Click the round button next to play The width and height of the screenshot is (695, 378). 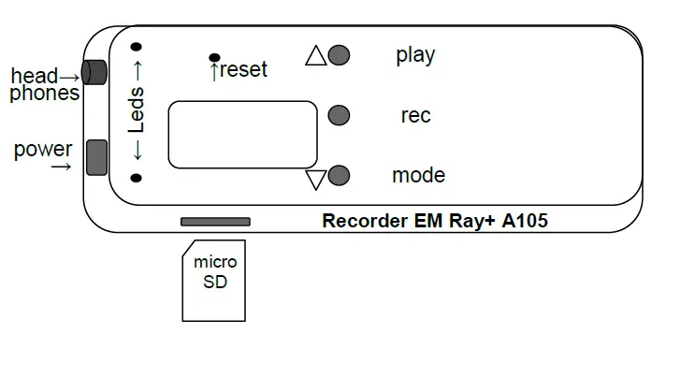[340, 55]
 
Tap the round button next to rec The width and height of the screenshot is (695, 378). [340, 115]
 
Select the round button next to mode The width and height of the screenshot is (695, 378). [340, 175]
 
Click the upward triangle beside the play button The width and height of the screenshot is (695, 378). [316, 56]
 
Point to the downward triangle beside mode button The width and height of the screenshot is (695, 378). [316, 179]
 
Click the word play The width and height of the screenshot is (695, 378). [415, 55]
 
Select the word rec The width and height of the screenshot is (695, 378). [415, 116]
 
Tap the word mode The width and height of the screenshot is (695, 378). [418, 175]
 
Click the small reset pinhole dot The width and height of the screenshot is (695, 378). [215, 58]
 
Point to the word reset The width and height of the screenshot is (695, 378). [243, 69]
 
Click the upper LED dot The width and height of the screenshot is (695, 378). [137, 46]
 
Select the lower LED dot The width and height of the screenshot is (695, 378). [137, 178]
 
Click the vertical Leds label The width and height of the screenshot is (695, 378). [137, 111]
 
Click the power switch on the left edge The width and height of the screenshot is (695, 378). [95, 157]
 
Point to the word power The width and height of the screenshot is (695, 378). [43, 150]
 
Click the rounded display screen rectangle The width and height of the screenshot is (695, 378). [242, 135]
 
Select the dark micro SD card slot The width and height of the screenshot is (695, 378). [215, 222]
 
